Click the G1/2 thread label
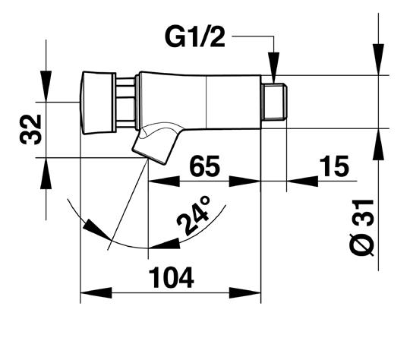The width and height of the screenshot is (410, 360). (x=195, y=37)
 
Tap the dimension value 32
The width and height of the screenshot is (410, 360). (x=30, y=130)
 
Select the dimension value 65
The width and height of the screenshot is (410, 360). (x=204, y=166)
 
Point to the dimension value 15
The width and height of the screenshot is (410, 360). (x=334, y=166)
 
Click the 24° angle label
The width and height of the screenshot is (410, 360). (x=194, y=215)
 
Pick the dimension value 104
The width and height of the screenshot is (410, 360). (x=172, y=277)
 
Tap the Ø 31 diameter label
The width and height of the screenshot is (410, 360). (x=363, y=227)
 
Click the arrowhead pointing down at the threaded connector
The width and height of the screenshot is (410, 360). (x=274, y=68)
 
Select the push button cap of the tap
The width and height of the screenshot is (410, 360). (x=98, y=103)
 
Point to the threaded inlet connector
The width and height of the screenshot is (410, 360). (x=274, y=102)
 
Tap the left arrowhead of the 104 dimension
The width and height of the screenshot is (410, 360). (x=96, y=292)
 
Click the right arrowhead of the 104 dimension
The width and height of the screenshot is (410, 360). (x=245, y=292)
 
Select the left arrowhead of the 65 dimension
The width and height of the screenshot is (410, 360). (x=164, y=181)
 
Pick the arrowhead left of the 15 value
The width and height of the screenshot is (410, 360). (x=302, y=181)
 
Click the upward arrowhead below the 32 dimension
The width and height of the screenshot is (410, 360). (x=46, y=173)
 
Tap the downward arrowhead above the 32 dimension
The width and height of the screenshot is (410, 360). (x=46, y=87)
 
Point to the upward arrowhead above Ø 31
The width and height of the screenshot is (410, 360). (x=378, y=144)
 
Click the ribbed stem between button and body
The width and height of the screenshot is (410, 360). (x=126, y=103)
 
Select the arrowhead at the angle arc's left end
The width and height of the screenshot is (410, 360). (x=96, y=229)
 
